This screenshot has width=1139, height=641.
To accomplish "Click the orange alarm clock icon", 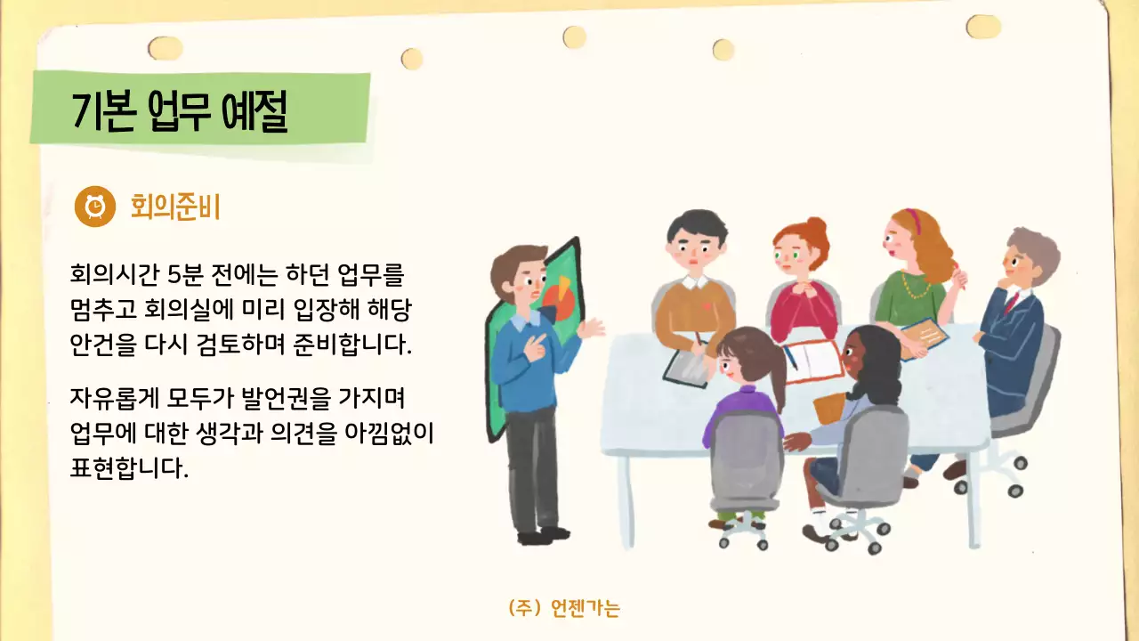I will pyautogui.click(x=95, y=207).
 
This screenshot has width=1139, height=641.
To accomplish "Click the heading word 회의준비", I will pyautogui.click(x=174, y=207).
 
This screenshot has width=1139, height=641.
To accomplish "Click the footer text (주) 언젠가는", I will pyautogui.click(x=564, y=608).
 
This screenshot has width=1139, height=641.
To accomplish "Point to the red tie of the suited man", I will pyautogui.click(x=1010, y=303).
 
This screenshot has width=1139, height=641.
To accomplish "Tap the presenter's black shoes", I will pyautogui.click(x=543, y=535).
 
